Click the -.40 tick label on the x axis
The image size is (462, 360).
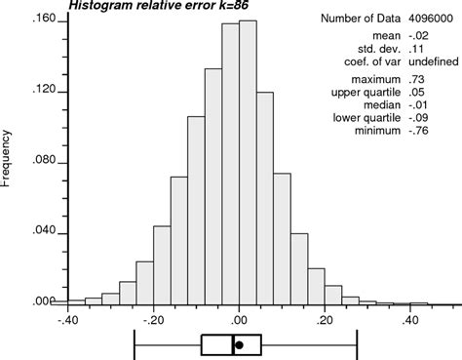coord(68,319)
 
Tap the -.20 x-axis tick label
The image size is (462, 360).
coord(153,319)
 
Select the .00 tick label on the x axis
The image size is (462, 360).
coord(240,319)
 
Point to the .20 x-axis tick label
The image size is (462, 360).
coord(325,319)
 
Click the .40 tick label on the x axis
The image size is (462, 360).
coord(410,319)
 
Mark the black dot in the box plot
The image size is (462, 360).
coord(239,344)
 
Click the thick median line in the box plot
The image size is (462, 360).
coord(233,344)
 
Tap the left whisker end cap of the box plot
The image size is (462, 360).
coord(135,344)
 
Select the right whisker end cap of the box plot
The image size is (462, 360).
coord(358,344)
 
